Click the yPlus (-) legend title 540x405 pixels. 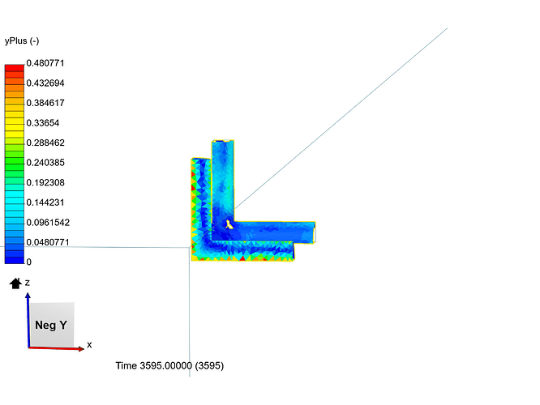tap(22, 41)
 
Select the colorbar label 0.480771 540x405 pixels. tap(45, 63)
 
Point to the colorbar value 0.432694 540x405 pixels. tap(45, 83)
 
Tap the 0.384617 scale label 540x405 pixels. tap(45, 103)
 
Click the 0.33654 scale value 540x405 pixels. tap(43, 123)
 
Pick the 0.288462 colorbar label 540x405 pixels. tap(45, 143)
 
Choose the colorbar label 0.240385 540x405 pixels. tap(45, 163)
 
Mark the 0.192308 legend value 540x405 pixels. tap(45, 182)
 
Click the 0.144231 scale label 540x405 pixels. tap(45, 202)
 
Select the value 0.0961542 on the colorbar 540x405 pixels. tap(48, 222)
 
